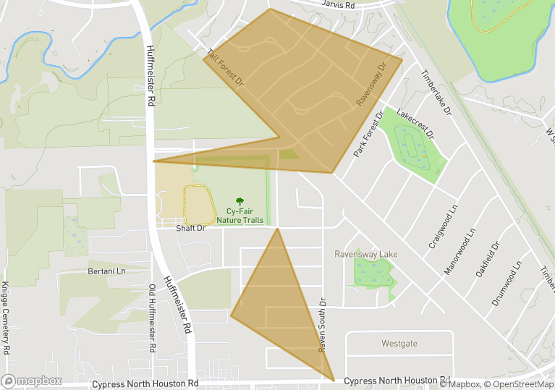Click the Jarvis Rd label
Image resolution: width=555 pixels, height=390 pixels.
coord(339,5)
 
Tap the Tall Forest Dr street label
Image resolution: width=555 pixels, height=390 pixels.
coord(225,69)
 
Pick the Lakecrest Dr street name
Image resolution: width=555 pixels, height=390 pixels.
coord(415,124)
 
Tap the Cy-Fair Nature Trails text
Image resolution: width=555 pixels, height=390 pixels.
coord(240,215)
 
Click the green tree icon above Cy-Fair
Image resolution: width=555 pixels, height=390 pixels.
coord(240,200)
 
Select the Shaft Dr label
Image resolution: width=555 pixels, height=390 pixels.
coord(191,228)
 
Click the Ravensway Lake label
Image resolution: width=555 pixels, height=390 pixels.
coord(366,255)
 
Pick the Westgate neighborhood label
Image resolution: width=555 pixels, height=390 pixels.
coord(399,344)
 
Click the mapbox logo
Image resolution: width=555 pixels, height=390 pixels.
coord(32,381)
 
